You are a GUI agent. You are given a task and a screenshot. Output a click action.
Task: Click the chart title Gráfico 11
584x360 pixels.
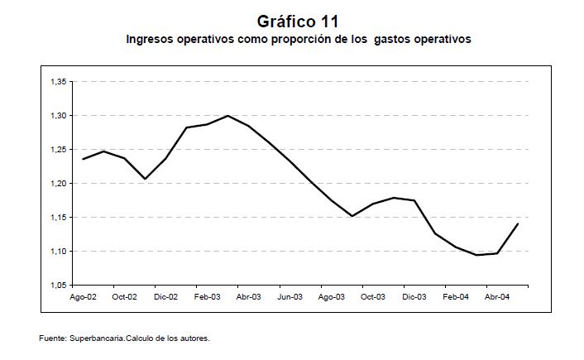point(298,20)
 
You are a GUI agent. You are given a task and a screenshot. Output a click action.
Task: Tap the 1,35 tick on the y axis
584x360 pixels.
point(60,82)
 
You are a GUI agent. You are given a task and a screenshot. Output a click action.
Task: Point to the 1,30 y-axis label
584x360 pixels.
point(60,116)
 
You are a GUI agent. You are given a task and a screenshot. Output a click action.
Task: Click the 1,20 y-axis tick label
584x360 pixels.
point(60,184)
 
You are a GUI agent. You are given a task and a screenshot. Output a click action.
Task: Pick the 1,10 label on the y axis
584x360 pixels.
point(60,252)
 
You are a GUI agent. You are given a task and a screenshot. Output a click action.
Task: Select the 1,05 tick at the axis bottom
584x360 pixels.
point(60,286)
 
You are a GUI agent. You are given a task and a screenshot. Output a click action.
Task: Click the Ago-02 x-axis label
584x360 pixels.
point(83,296)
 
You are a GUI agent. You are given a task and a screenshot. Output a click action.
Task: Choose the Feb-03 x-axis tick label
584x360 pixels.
point(207,296)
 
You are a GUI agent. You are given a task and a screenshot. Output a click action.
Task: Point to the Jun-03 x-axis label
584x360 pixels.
point(290,296)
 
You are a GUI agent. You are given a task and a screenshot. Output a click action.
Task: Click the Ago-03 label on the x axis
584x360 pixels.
point(332,296)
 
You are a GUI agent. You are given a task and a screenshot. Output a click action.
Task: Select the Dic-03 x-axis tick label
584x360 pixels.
point(414,296)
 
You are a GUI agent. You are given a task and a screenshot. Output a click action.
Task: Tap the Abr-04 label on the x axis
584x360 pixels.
point(497,296)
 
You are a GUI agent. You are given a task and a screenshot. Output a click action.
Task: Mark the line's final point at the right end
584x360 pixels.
point(518,224)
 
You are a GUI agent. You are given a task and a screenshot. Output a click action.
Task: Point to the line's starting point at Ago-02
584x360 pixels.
point(83,159)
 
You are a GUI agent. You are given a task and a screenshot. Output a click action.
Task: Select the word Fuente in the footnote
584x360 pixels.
point(51,338)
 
